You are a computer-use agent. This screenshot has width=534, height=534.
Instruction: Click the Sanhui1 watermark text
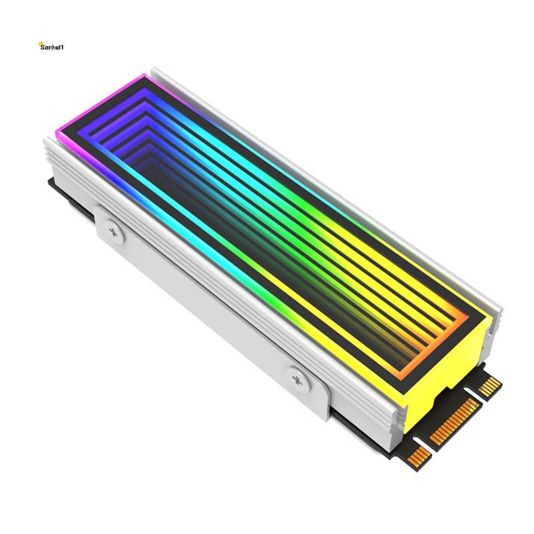pos(53,47)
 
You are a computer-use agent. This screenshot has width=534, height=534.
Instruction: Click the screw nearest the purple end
pos(114,231)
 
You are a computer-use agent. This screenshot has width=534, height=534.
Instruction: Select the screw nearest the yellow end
pos(299,380)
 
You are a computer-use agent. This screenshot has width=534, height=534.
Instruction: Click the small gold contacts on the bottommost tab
pos(419,457)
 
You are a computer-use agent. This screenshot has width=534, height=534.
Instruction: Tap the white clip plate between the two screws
pos(209,308)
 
